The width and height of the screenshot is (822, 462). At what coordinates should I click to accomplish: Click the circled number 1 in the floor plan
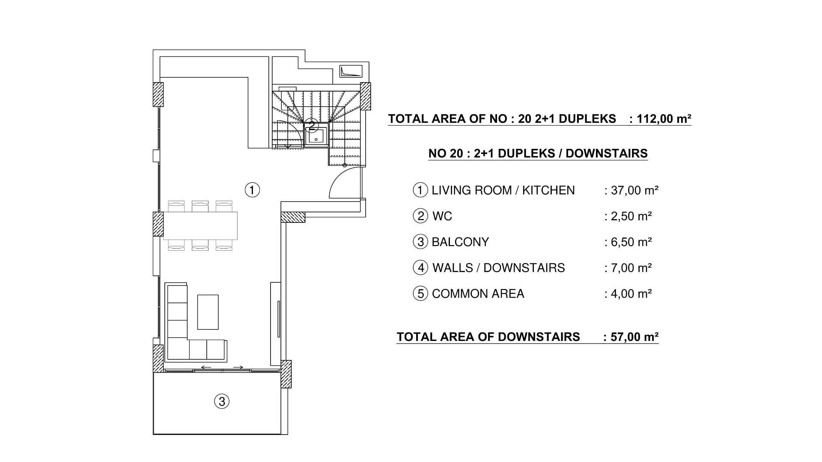pos(252,190)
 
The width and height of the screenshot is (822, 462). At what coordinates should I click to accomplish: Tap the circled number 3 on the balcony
pos(221,401)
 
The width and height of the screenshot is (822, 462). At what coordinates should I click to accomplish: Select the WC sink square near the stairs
pos(316,137)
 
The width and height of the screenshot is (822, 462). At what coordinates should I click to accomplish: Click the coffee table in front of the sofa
pos(208,312)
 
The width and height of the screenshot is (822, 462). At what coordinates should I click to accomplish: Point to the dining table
pos(200,225)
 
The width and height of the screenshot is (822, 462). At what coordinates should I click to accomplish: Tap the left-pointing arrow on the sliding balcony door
pos(206,367)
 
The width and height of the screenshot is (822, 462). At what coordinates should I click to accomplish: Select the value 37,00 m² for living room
pos(634,190)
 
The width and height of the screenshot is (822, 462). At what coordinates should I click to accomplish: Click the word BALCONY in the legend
pos(460,242)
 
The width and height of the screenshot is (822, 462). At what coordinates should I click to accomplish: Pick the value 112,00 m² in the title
pos(664,118)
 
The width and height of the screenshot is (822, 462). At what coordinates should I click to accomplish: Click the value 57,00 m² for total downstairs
pos(634,337)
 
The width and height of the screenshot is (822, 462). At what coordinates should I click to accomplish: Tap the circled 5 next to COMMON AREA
pos(420,294)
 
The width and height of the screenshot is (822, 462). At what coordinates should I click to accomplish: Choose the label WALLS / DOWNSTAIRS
pos(498,268)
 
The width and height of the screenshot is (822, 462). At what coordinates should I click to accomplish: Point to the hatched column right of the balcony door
pos(286,374)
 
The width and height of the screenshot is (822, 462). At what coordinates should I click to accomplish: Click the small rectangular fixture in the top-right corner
pos(351,71)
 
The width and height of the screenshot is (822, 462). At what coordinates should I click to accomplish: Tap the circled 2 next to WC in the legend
pos(420,216)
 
